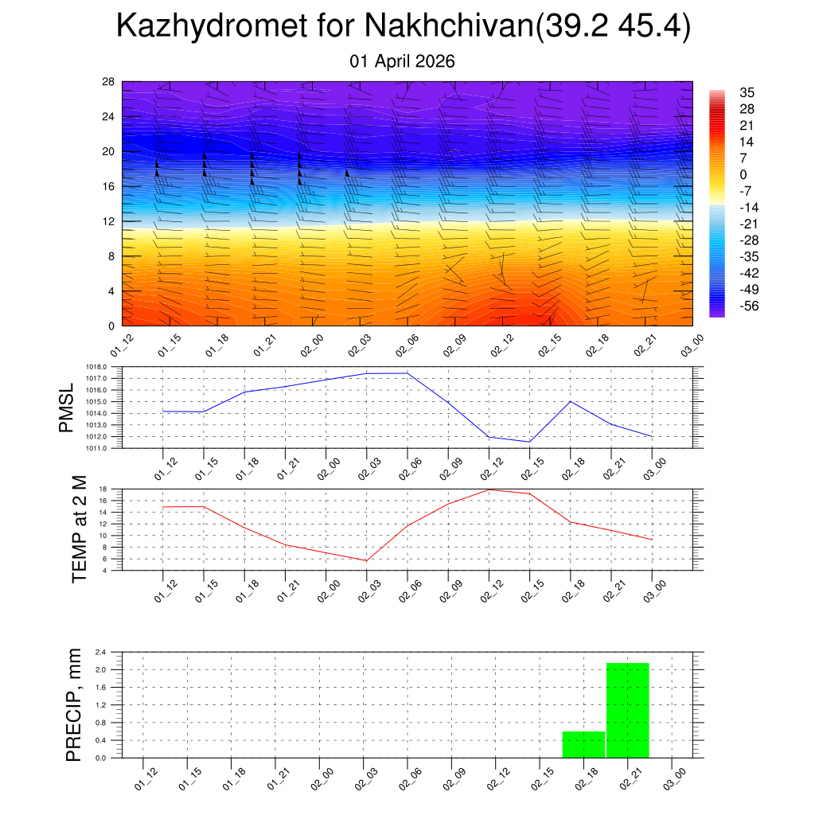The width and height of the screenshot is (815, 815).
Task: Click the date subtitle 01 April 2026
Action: click(403, 61)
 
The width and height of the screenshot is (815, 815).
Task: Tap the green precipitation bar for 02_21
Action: click(628, 710)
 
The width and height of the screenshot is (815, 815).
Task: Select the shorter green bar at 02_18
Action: click(583, 744)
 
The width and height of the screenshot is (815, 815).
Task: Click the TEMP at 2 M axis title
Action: click(80, 528)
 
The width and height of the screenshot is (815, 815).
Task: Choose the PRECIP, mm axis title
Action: click(74, 704)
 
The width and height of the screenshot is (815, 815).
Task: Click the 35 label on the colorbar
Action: click(747, 92)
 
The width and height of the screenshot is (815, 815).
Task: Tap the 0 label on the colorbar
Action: click(743, 174)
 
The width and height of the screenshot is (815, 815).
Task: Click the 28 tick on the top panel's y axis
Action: click(108, 82)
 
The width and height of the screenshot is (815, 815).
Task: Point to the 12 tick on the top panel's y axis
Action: click(108, 221)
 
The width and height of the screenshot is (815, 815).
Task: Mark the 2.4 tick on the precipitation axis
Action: click(101, 652)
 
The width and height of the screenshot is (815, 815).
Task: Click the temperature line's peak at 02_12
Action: click(489, 489)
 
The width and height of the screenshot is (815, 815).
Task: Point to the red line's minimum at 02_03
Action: click(366, 561)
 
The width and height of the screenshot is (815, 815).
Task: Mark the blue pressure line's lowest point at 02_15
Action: click(529, 442)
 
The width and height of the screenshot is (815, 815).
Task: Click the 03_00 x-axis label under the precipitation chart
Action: click(675, 780)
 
